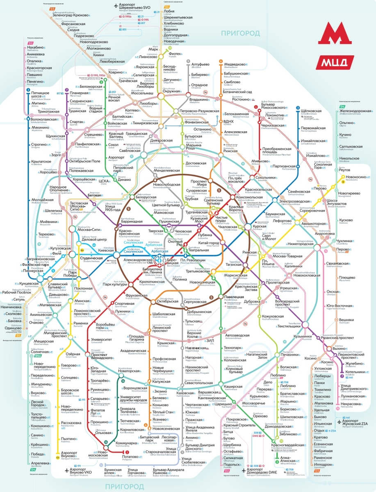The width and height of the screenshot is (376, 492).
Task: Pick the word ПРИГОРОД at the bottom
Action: pyautogui.click(x=125, y=486)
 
